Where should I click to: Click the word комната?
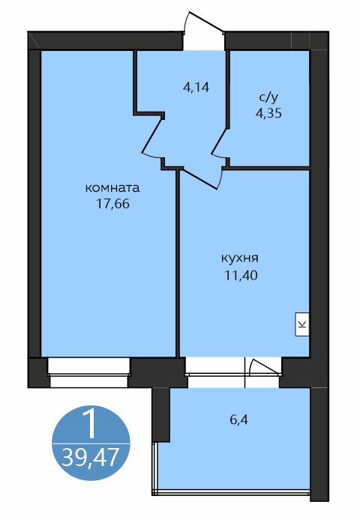click(x=112, y=187)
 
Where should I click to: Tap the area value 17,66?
click(x=112, y=203)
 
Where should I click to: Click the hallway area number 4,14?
click(x=195, y=86)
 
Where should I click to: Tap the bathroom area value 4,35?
click(x=268, y=114)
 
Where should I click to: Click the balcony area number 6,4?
click(x=239, y=420)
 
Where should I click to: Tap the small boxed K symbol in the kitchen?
click(x=302, y=324)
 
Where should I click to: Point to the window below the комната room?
click(x=88, y=372)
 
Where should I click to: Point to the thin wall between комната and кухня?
click(x=178, y=262)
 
